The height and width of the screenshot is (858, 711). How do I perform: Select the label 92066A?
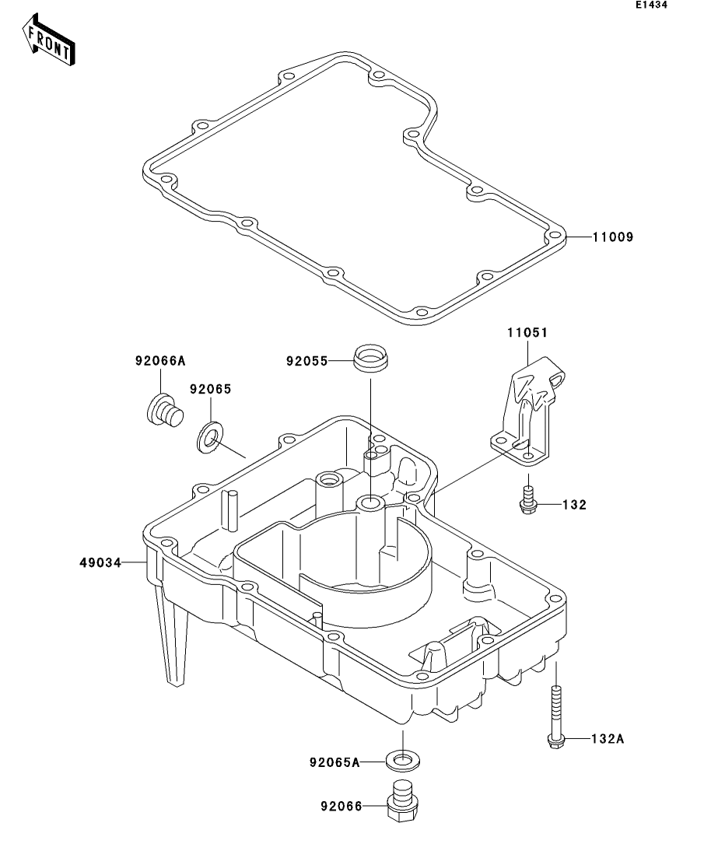point(160,360)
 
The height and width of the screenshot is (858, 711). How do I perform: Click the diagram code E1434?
point(651,5)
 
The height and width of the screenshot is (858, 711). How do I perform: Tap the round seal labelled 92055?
point(370,360)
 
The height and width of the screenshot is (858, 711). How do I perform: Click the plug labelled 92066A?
point(163,410)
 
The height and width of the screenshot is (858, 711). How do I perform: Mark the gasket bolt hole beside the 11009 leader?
point(554,236)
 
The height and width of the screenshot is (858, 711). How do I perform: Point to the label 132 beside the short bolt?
point(575,505)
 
